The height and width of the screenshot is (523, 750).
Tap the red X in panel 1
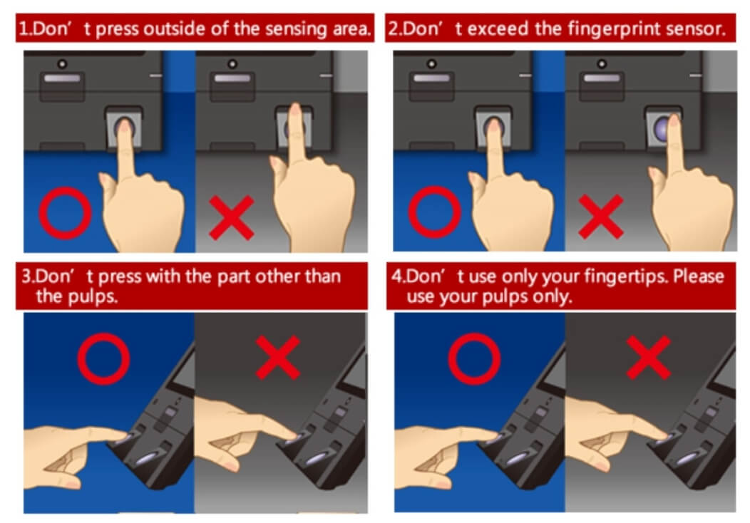tap(232, 217)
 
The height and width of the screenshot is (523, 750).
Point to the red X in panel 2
tap(601, 217)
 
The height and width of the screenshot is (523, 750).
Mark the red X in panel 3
tap(278, 358)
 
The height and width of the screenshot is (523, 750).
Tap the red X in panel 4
tap(649, 358)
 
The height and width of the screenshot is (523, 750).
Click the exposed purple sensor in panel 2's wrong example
tap(661, 128)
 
